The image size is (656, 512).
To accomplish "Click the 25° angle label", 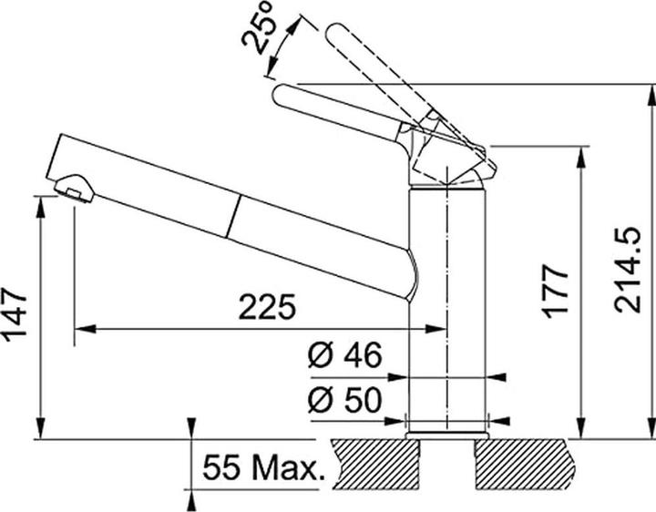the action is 258,28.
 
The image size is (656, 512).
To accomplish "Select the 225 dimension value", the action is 267,307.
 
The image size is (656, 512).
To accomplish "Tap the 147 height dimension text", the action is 15,313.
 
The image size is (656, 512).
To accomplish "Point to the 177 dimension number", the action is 555,292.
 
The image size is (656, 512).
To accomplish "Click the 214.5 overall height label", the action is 628,271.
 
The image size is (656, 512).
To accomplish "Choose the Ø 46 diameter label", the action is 345,355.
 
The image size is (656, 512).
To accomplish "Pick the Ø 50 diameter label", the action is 345,400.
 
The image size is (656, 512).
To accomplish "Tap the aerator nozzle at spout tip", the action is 74,189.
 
